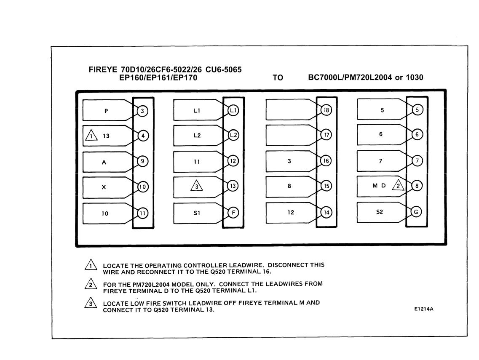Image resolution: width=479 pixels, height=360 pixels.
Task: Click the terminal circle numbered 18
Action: coord(326,110)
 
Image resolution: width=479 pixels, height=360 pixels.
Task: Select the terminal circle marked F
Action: coord(233,213)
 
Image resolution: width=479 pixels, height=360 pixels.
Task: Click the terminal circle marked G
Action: coord(416,212)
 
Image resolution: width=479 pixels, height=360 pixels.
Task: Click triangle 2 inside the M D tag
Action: coord(398,185)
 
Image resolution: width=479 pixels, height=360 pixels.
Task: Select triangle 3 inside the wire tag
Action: coord(196,186)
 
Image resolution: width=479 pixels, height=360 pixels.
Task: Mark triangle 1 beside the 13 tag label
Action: coord(91,135)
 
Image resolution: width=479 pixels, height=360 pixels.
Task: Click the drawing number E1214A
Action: coord(424,309)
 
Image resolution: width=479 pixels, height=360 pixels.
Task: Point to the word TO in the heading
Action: coord(278,78)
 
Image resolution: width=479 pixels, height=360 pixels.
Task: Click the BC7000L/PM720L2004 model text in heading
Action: coord(350,77)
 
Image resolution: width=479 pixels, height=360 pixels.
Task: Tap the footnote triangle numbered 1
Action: coord(91,265)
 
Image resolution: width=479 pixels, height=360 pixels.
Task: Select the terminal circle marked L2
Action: coord(233,135)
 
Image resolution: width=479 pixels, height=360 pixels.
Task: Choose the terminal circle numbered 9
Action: coord(142,161)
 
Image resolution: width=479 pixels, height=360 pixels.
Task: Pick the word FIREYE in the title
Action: coord(103,69)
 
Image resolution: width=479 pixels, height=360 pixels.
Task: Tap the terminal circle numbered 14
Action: coord(326,212)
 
